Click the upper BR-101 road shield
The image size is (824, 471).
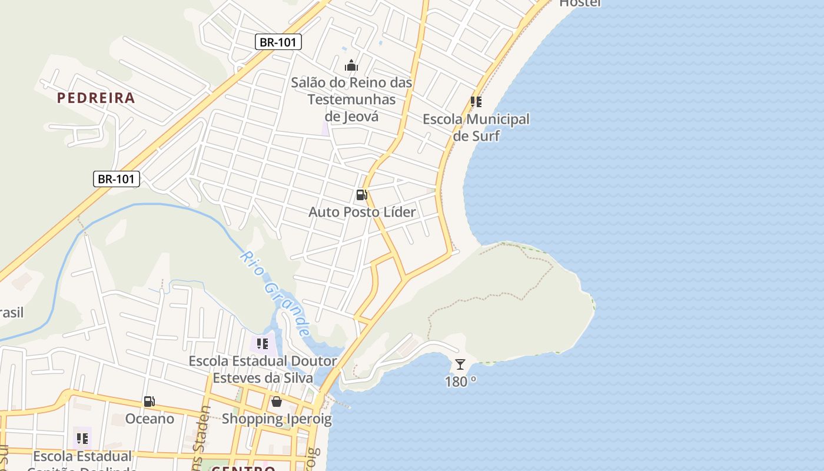click(278, 42)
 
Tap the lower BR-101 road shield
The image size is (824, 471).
click(117, 179)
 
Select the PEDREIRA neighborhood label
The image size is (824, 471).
click(96, 98)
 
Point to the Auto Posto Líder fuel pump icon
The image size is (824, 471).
click(361, 195)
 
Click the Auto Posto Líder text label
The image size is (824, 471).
click(362, 212)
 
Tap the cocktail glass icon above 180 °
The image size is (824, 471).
click(460, 364)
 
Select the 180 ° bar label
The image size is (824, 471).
click(460, 382)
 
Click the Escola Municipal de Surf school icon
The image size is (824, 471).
click(476, 102)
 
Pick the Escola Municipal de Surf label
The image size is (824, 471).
click(476, 128)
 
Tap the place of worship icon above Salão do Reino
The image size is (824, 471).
click(351, 65)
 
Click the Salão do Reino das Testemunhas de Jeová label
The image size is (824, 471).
click(351, 99)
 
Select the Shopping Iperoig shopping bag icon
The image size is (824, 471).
click(277, 402)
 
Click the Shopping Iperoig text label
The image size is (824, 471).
click(277, 419)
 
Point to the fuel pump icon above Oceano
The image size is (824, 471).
click(149, 402)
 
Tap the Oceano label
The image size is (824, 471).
click(150, 419)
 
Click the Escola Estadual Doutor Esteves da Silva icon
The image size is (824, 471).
click(263, 343)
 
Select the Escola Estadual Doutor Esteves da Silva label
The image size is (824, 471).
click(263, 369)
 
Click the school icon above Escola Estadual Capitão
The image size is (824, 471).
click(82, 438)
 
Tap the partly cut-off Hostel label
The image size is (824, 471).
click(580, 4)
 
